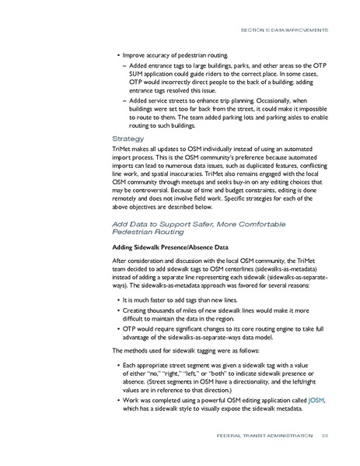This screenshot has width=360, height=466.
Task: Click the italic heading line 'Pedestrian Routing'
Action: click(x=149, y=231)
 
